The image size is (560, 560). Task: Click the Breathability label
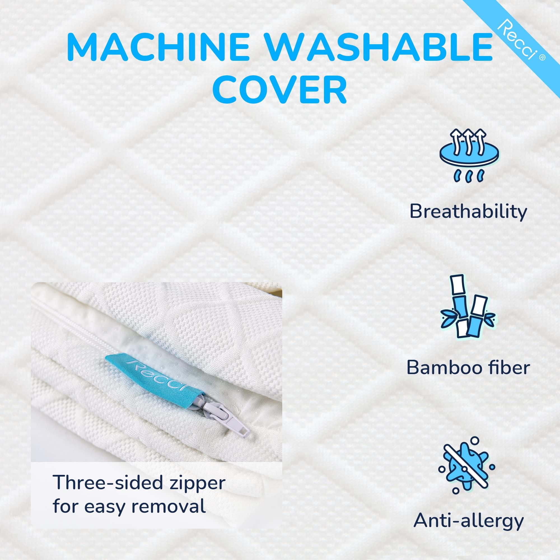pos(468,212)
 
